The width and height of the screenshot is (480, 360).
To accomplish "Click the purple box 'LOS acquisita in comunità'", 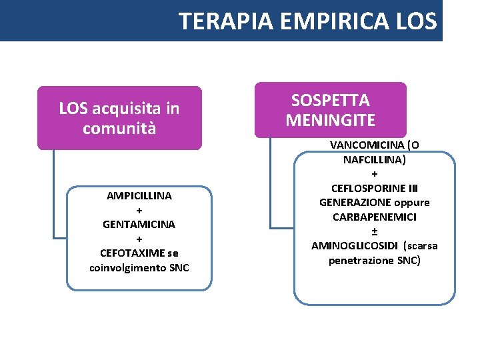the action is click(119, 117).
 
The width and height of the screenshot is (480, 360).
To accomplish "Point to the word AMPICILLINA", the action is click(139, 195).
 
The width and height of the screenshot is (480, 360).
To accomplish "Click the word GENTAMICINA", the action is click(139, 224).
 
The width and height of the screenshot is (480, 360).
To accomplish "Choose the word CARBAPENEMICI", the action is click(375, 217).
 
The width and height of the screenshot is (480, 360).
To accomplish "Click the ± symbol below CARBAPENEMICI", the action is click(375, 231).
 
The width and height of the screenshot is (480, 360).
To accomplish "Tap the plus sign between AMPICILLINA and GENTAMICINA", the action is click(139, 210).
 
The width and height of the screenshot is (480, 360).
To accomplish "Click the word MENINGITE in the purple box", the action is click(330, 120).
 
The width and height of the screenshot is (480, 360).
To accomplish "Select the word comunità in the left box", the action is click(119, 127).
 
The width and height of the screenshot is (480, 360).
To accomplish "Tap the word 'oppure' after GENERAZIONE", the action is click(411, 202).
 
